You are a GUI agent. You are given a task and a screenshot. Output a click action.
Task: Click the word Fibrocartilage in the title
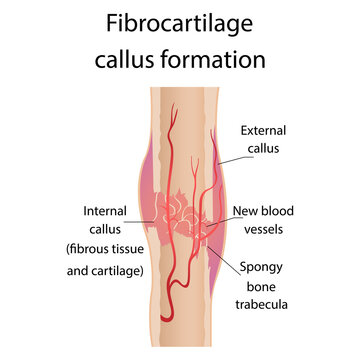pyautogui.click(x=180, y=23)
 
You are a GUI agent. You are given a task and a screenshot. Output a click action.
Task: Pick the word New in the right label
pyautogui.click(x=249, y=211)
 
